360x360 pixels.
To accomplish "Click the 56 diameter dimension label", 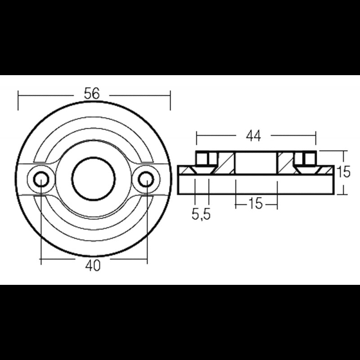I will tap(92, 94).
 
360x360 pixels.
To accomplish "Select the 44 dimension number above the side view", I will tap(253, 136).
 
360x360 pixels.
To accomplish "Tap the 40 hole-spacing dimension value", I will tap(93, 266).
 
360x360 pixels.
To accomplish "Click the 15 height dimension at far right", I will tap(343, 172).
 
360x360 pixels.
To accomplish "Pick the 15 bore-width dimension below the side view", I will tap(255, 203).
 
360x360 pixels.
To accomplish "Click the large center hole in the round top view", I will tap(94, 178).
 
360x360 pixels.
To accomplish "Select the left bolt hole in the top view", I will tap(41, 180).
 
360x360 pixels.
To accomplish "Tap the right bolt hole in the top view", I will tap(146, 180).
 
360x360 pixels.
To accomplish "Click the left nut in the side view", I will tap(203, 158).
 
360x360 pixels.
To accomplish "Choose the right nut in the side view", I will tap(308, 158).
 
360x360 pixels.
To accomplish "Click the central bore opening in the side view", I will tap(256, 163).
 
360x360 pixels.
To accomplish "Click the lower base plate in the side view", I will tap(256, 184).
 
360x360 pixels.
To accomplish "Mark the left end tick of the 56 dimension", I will tap(18, 100).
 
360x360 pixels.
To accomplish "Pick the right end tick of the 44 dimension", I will tap(315, 138).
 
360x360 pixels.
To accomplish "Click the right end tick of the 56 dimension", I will tap(170, 100).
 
